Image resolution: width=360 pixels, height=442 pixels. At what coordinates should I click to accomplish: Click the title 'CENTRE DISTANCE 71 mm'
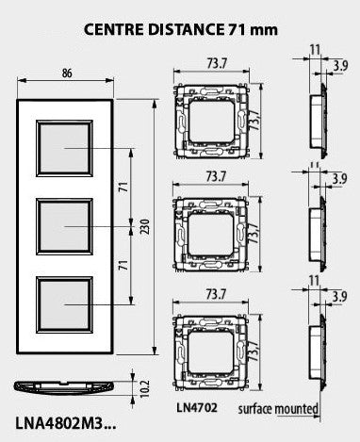[x=181, y=30]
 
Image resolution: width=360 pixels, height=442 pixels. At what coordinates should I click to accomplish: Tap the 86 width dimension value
[x=67, y=74]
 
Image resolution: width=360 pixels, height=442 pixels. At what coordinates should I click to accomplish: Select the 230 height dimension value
[x=144, y=226]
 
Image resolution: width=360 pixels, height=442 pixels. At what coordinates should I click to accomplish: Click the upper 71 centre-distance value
[x=124, y=187]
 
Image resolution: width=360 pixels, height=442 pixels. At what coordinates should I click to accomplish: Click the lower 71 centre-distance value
[x=124, y=265]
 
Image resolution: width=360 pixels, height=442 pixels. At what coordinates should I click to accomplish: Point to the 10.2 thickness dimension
[x=144, y=389]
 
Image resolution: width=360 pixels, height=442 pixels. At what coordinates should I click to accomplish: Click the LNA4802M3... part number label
[x=66, y=424]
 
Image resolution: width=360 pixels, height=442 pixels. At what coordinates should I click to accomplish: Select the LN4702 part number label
[x=197, y=408]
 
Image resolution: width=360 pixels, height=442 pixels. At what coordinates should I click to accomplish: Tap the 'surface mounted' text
[x=278, y=409]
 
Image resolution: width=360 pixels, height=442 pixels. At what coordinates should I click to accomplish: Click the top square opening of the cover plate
[x=64, y=148]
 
